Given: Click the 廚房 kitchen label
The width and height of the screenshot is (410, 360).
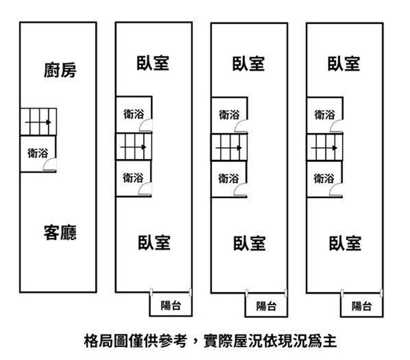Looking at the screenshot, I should (60, 70).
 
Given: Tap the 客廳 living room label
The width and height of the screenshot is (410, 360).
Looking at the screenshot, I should (60, 233).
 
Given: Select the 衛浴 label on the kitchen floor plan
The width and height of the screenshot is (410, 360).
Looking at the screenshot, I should (37, 153).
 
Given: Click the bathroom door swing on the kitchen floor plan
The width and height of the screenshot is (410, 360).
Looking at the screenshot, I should (50, 165).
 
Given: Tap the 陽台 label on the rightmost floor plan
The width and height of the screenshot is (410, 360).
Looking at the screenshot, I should (362, 306).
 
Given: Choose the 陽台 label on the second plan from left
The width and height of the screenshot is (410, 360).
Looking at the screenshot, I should (171, 306).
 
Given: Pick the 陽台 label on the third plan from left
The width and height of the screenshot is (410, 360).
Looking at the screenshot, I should (266, 306).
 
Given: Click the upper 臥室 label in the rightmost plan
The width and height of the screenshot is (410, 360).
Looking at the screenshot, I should (344, 64).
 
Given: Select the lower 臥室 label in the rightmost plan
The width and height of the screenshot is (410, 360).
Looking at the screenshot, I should (345, 243).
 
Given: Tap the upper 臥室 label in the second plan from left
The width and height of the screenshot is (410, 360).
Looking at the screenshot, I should (153, 64).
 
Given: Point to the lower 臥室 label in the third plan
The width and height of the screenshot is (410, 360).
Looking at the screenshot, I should (249, 243).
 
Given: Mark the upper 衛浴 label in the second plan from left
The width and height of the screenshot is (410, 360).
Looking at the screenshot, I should (133, 114).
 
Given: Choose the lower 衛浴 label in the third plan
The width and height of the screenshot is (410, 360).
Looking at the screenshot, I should (229, 178).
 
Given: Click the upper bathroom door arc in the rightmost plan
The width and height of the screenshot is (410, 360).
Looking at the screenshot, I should (337, 126).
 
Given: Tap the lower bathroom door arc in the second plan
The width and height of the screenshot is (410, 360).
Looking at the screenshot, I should (146, 189).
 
